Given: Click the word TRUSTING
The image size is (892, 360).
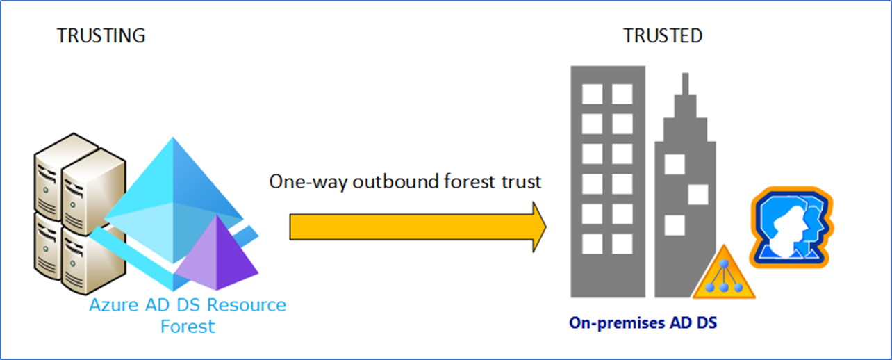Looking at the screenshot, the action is (x=101, y=36).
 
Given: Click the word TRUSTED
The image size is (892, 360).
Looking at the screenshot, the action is (x=663, y=36).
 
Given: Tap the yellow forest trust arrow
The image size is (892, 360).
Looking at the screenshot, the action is (x=418, y=227).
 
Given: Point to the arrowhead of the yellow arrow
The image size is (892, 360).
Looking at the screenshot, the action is (x=546, y=227).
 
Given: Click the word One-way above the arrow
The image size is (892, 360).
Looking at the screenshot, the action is (x=308, y=182).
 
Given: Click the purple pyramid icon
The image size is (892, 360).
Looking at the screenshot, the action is (x=217, y=253).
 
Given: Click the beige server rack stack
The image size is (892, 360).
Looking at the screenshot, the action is (x=80, y=214).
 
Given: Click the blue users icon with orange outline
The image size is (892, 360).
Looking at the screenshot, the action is (x=791, y=228).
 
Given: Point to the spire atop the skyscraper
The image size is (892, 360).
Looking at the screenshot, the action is (x=686, y=83).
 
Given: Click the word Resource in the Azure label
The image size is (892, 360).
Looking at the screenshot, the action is (x=247, y=305).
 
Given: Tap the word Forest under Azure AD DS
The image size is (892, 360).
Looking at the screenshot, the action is (x=188, y=327).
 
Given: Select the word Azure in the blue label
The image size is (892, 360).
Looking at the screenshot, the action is (x=114, y=305).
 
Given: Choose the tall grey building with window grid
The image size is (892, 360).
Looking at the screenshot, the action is (x=608, y=181).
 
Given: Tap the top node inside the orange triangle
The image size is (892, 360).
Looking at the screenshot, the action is (x=724, y=263).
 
